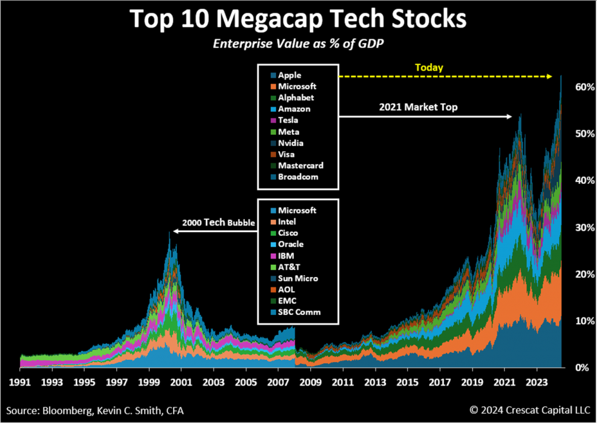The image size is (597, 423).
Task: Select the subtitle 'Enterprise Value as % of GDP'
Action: coord(298,44)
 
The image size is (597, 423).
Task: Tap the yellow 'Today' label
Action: coord(429,68)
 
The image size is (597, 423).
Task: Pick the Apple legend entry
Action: coord(290,75)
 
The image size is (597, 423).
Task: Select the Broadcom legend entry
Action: coord(298,177)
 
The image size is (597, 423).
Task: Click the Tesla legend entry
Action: coord(289,120)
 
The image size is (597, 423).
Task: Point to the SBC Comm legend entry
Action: coord(299,312)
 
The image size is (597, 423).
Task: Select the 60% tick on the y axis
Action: coord(584,86)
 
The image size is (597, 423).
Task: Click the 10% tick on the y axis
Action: coord(584,321)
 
